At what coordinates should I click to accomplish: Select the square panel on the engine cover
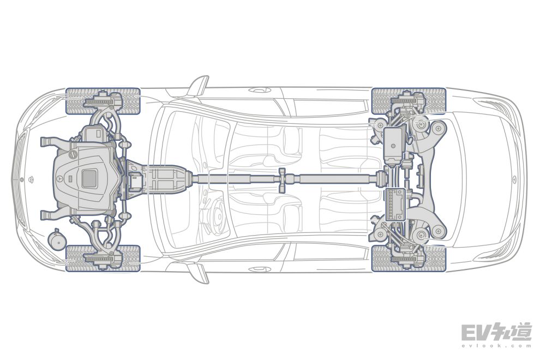pyautogui.click(x=89, y=178)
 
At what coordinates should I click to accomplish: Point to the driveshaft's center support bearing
pyautogui.click(x=282, y=180)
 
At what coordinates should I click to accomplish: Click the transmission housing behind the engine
pyautogui.click(x=162, y=178)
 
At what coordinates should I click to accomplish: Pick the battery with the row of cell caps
pyautogui.click(x=395, y=205)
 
